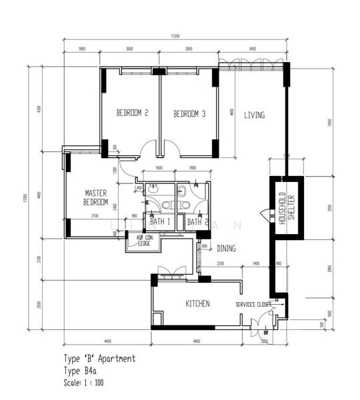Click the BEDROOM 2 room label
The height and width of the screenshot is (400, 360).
132,113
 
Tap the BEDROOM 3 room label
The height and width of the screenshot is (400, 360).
189,114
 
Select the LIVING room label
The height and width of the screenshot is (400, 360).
254,115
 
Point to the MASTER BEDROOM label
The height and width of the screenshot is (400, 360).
96,197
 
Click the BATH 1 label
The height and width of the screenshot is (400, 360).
161,221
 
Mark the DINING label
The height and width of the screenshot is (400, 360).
226,249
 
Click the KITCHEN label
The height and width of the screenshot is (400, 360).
197,304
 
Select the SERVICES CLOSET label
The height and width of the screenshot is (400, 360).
253,305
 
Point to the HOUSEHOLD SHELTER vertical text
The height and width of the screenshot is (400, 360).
286,208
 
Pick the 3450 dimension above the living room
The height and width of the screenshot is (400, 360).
253,49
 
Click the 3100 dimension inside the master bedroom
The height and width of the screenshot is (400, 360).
95,215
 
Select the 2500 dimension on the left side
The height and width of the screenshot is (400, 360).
39,305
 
